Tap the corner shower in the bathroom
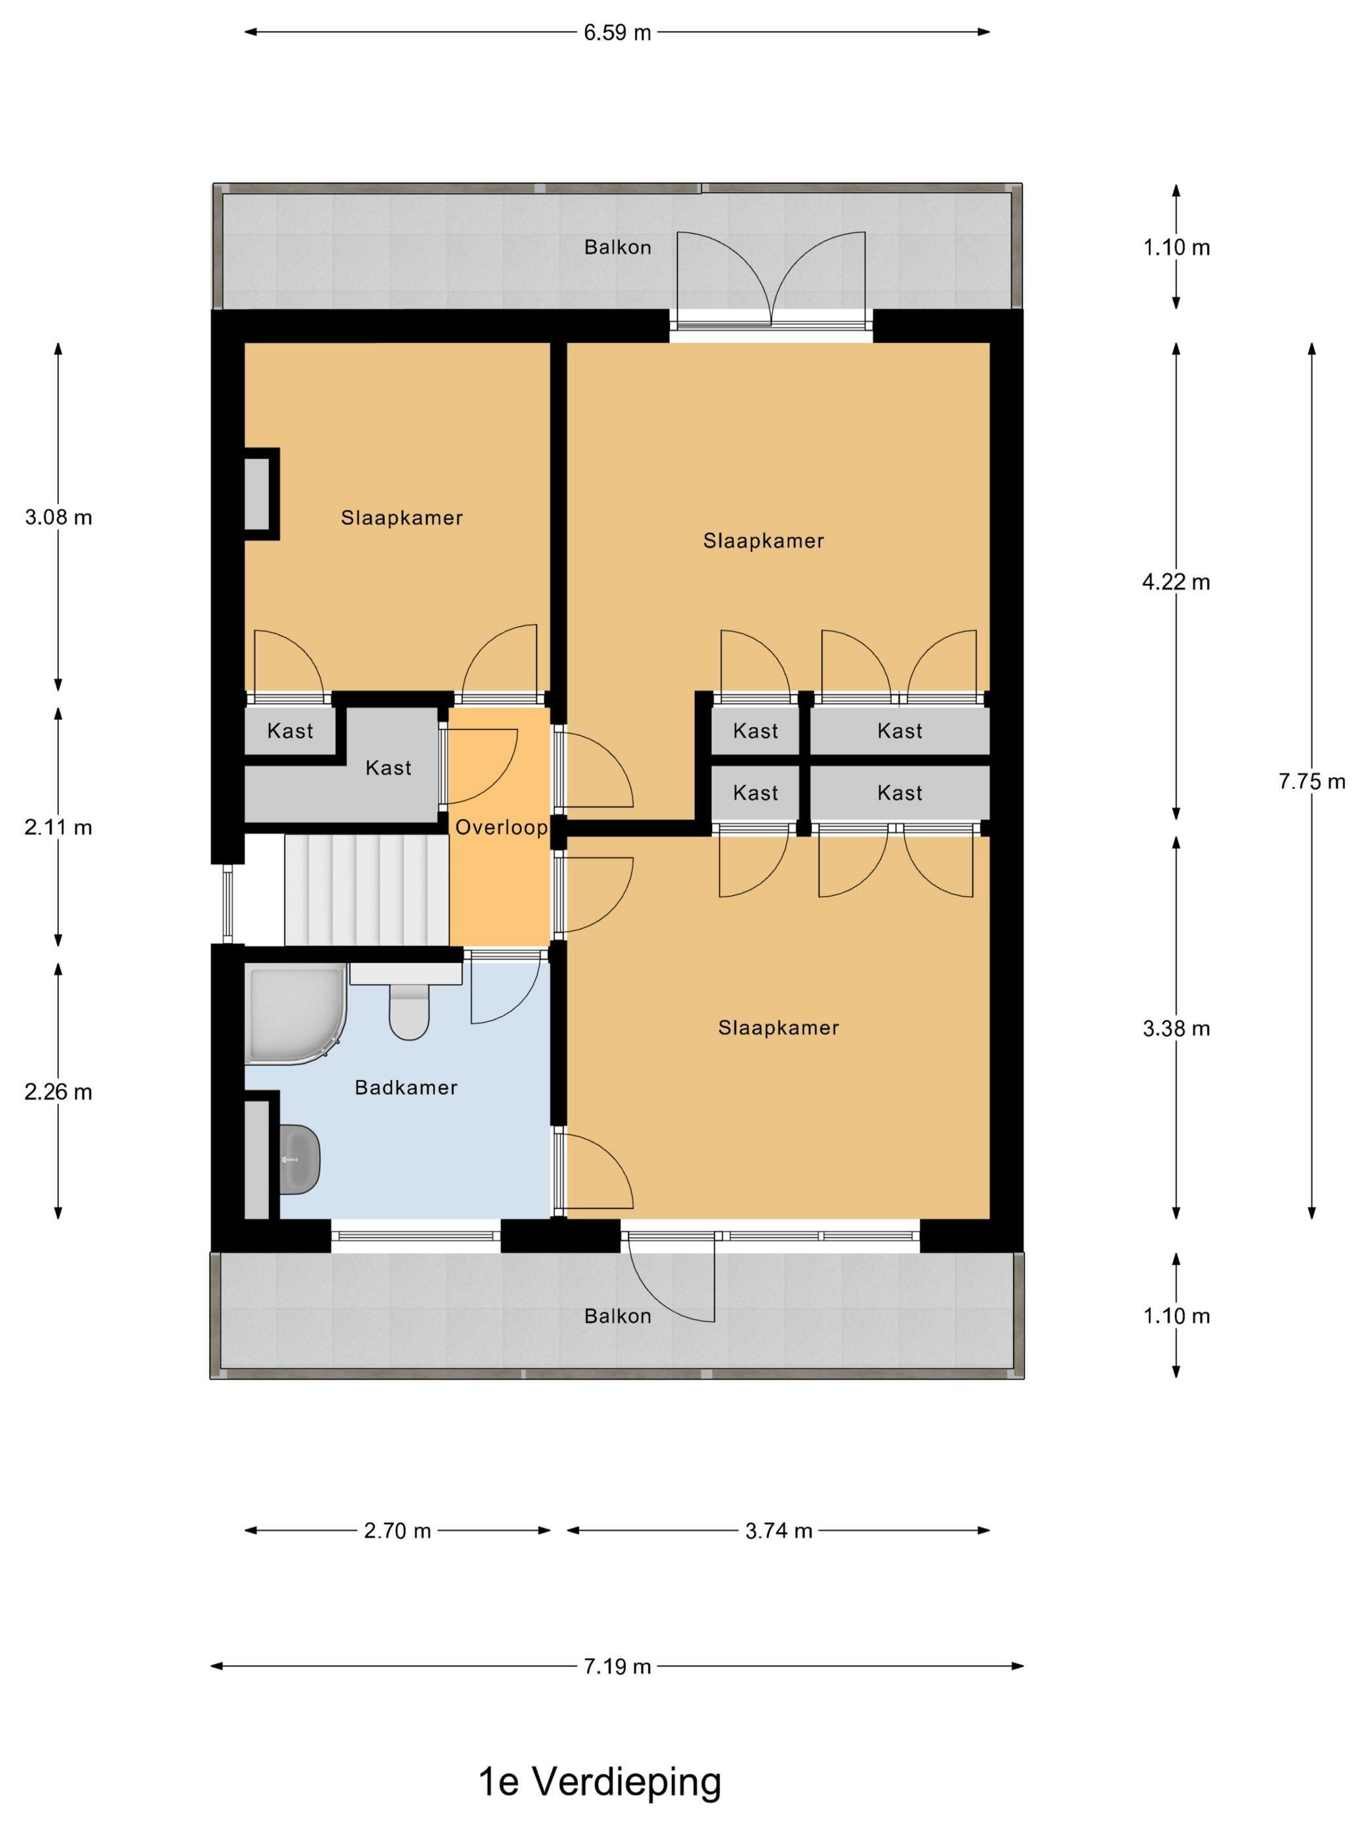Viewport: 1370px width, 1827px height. coord(295,1013)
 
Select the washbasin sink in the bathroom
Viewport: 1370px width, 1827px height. coord(299,1159)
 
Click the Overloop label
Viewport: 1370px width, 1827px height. coord(501,827)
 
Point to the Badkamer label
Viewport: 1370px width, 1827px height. coord(406,1087)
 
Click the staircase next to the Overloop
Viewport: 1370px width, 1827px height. coord(367,889)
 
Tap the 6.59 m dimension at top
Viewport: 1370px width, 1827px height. coord(617,32)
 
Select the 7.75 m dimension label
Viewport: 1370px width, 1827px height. coord(1311,780)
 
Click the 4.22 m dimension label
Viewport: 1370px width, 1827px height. coord(1176,582)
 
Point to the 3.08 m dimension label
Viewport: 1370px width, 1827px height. coord(58,517)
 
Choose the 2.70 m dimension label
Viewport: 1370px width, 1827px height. coord(397,1531)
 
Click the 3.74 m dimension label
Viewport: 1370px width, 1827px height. coord(779,1531)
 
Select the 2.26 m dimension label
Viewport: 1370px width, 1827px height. coord(58,1092)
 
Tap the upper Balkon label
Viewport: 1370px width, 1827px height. coord(617,247)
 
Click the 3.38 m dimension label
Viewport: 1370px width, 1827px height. coord(1176,1028)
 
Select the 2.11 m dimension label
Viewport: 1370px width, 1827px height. coord(58,827)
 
